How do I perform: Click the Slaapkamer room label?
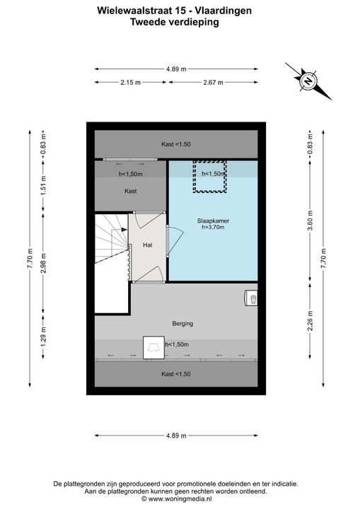[x=213, y=221]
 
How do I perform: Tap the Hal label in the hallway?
[x=148, y=245]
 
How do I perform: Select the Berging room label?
[x=182, y=324]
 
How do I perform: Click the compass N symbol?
[x=308, y=81]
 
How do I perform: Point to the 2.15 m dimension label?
[x=131, y=83]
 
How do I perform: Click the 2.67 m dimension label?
[x=213, y=83]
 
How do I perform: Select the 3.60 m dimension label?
[x=310, y=221]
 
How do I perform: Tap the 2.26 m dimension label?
[x=310, y=321]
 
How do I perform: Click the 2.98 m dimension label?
[x=43, y=263]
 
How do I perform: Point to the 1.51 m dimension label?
[x=43, y=185]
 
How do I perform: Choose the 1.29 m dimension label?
[x=43, y=336]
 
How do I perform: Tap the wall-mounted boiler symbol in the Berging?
[x=251, y=298]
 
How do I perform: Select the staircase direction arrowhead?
[x=124, y=230]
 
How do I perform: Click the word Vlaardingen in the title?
[x=223, y=11]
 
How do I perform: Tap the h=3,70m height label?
[x=213, y=227]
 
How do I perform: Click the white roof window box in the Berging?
[x=153, y=348]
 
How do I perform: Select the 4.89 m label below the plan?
[x=176, y=435]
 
